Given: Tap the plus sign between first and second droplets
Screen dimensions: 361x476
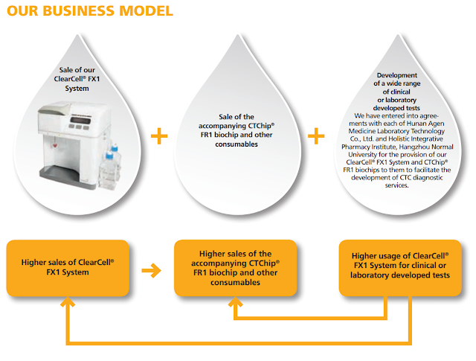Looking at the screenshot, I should point(158,136).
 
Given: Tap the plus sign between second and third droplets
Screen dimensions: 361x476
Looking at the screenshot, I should point(317,136).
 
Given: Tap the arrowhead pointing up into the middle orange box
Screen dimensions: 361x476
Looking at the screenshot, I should point(235,303).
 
